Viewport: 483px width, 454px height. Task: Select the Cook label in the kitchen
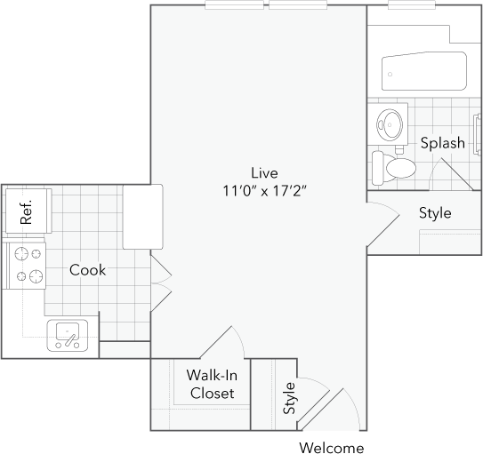click(87, 269)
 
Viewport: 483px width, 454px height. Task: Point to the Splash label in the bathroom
click(442, 143)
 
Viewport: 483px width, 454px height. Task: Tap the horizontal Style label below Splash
click(435, 213)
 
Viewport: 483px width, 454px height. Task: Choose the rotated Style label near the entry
click(289, 398)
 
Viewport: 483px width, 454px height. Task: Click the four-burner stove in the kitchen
click(26, 264)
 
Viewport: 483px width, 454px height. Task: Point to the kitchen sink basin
click(68, 336)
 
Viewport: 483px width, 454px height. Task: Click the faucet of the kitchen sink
click(68, 339)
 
